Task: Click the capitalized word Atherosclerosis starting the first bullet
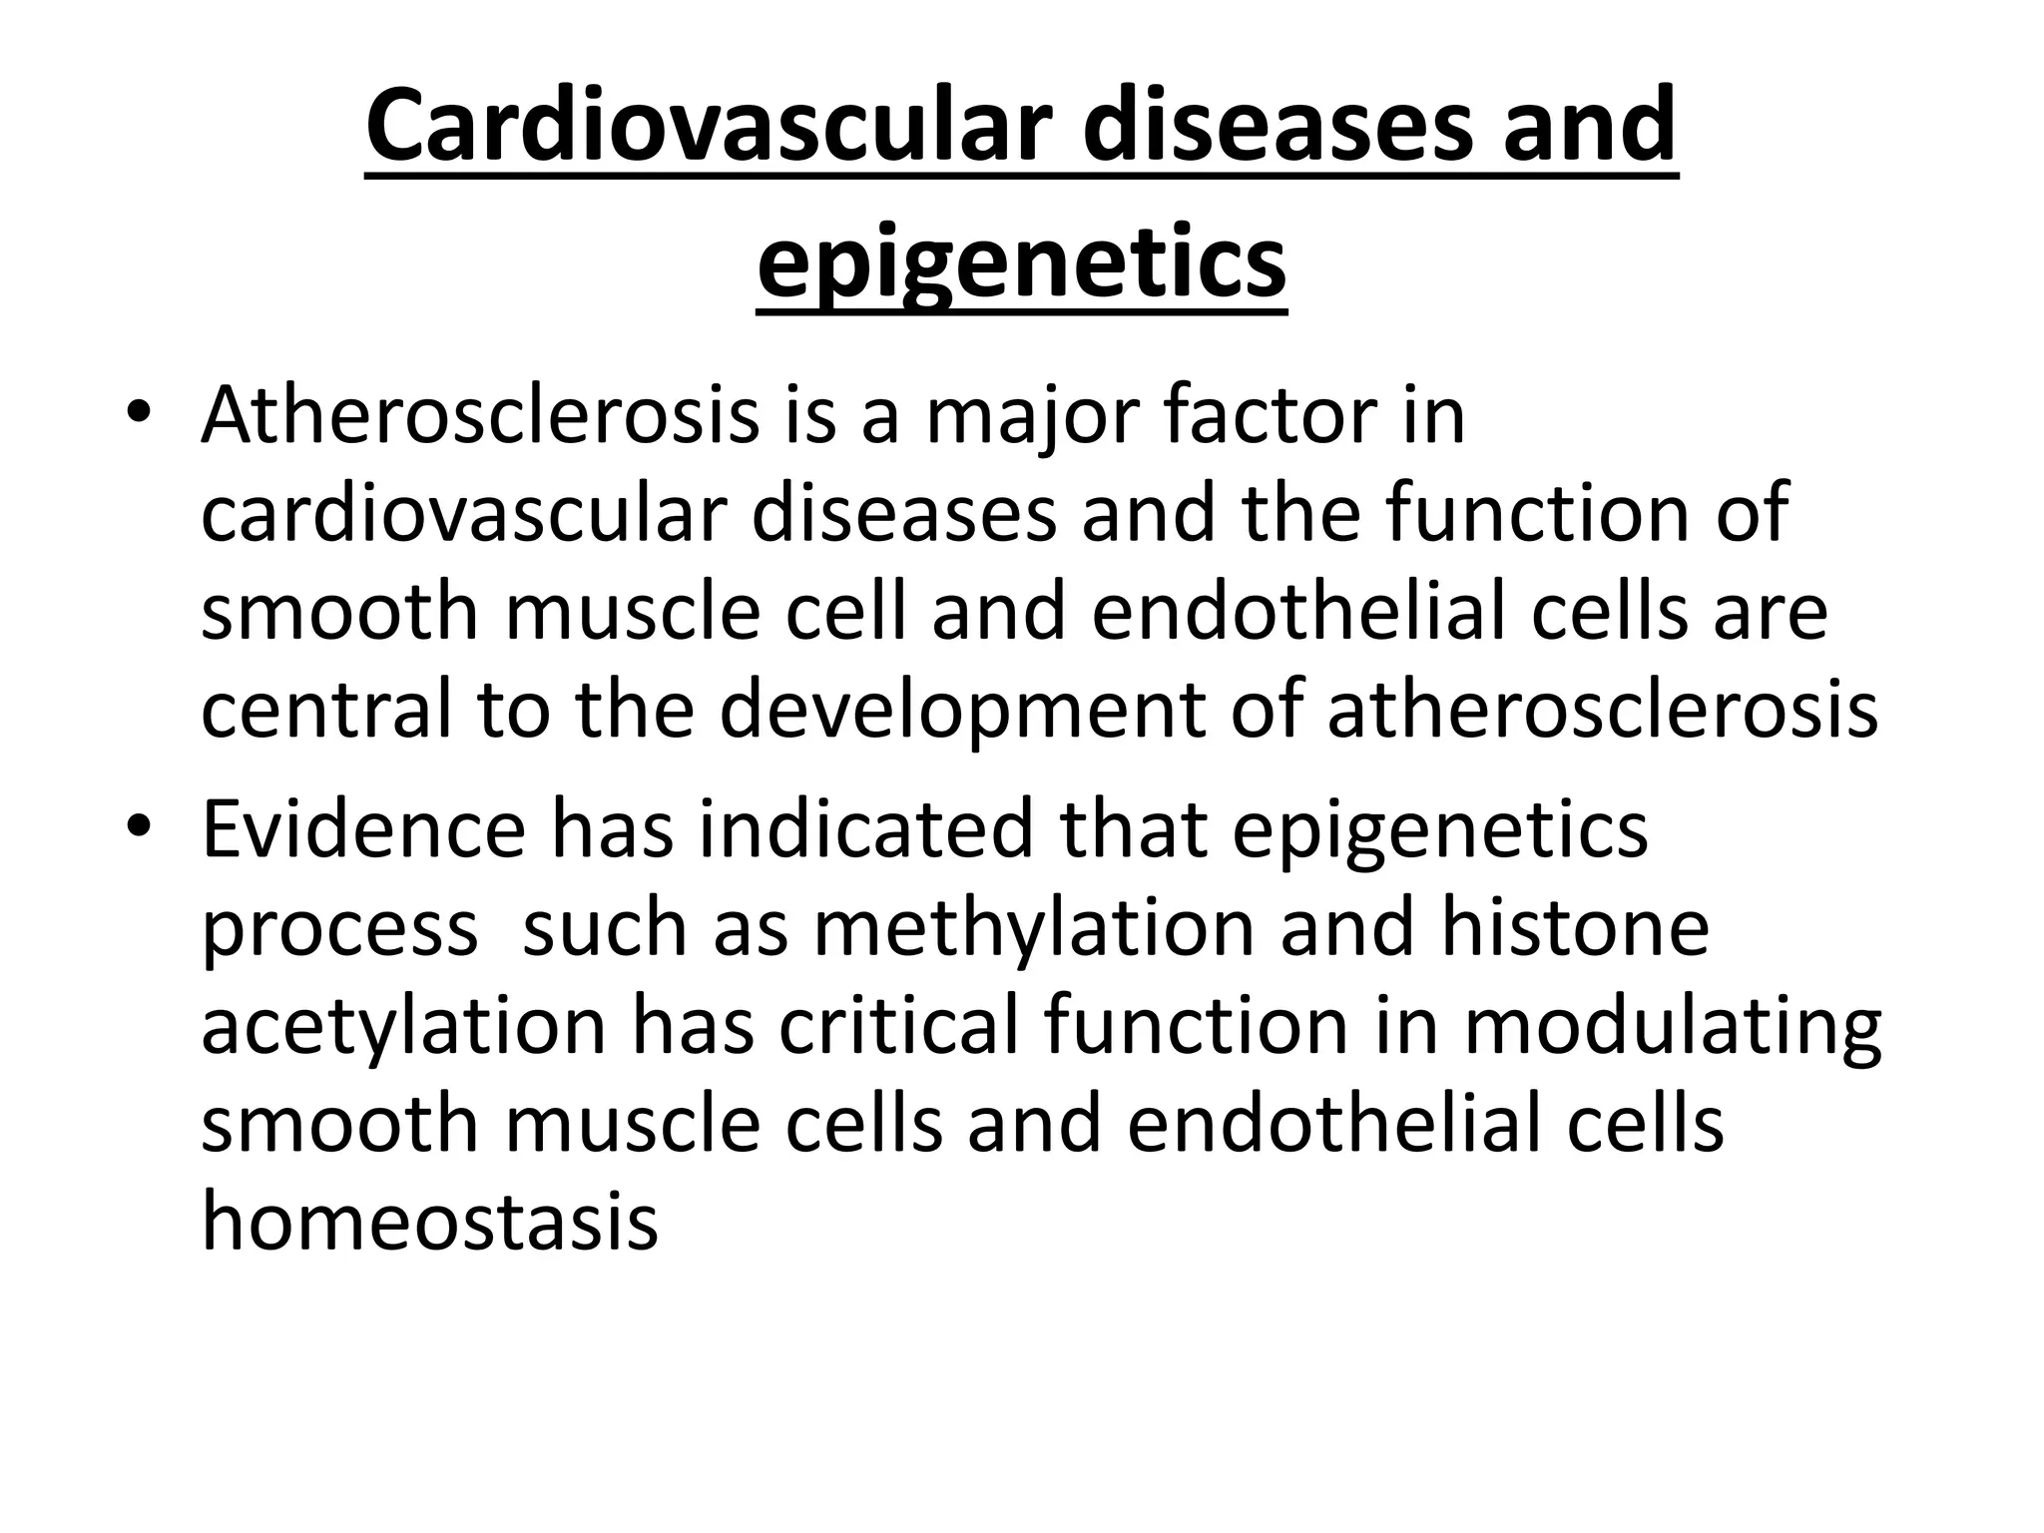tap(480, 416)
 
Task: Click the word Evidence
tap(363, 830)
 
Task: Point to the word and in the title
tap(1589, 126)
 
